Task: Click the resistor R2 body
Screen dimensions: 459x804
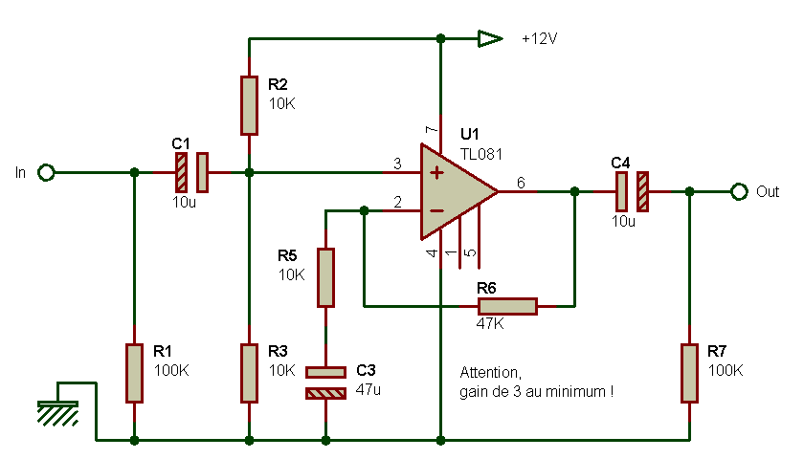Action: pyautogui.click(x=249, y=105)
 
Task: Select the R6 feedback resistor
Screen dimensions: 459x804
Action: pyautogui.click(x=507, y=306)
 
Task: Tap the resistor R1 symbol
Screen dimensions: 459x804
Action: pyautogui.click(x=134, y=373)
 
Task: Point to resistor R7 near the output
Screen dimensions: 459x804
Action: pyautogui.click(x=689, y=373)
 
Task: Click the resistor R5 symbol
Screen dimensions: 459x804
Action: pyautogui.click(x=325, y=277)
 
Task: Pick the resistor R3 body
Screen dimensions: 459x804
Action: pyautogui.click(x=249, y=373)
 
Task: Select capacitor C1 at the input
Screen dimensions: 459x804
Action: pyautogui.click(x=191, y=172)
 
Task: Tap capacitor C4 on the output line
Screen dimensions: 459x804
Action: pyautogui.click(x=632, y=191)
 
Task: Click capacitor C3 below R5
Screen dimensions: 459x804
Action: pyautogui.click(x=325, y=382)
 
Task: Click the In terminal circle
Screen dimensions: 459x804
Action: pyautogui.click(x=46, y=172)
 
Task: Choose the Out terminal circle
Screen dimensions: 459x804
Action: pyautogui.click(x=738, y=191)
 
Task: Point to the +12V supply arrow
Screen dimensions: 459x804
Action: pyautogui.click(x=490, y=39)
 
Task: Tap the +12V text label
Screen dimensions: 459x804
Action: pyautogui.click(x=540, y=39)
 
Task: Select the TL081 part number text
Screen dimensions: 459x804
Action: pyautogui.click(x=481, y=153)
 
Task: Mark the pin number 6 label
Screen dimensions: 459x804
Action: pyautogui.click(x=520, y=182)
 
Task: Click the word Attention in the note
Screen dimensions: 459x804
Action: pyautogui.click(x=490, y=372)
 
